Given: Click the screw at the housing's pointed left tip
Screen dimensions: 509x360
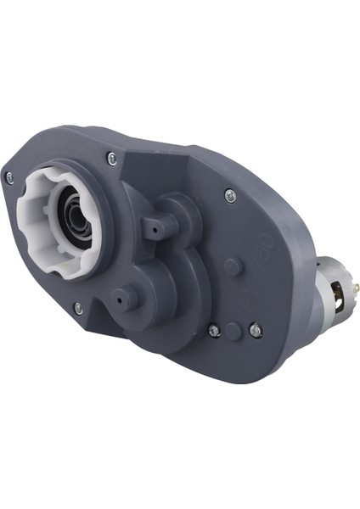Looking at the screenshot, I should pos(9,176).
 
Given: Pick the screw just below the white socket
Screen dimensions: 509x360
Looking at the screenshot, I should pos(78,308).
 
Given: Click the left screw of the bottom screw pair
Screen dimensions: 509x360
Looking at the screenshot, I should pos(214,330).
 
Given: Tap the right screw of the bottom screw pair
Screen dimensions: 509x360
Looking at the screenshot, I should pos(256,330).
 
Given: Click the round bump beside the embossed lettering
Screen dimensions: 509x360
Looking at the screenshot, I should pos(230,266).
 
